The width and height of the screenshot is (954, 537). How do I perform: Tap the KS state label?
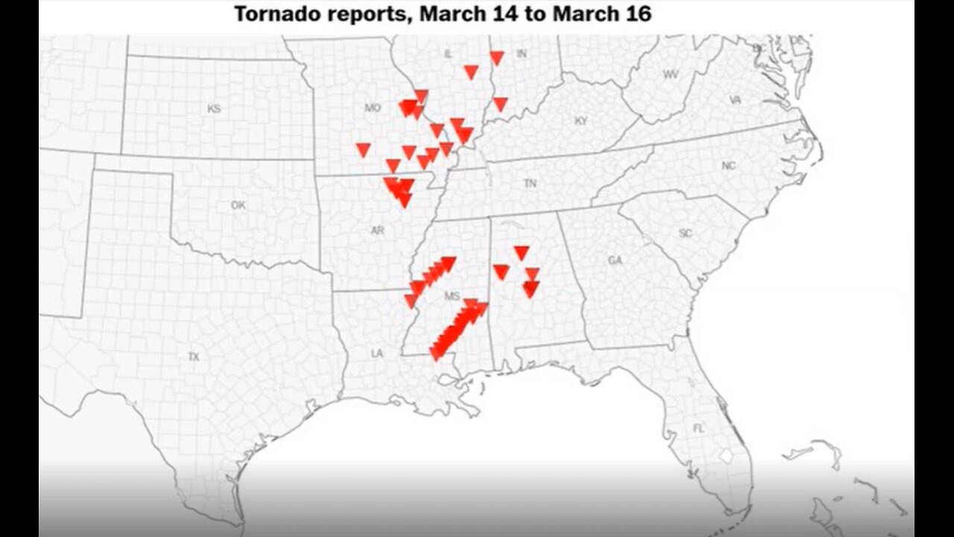tap(215, 109)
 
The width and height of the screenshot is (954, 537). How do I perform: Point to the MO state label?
tap(373, 108)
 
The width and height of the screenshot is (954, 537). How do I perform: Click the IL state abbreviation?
tap(448, 54)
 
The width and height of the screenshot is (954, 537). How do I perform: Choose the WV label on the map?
tap(671, 75)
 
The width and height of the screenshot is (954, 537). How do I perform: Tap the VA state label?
tap(735, 100)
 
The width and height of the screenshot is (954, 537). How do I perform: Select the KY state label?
tap(581, 121)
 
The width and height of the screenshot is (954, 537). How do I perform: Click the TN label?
tap(530, 183)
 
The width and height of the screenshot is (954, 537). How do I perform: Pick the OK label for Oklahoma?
tap(238, 205)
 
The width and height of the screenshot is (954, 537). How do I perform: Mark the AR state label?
tap(377, 230)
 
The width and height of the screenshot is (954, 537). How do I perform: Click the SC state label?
tap(686, 233)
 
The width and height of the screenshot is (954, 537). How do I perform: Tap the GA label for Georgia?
tap(615, 260)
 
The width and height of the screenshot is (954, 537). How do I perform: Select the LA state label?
tap(377, 354)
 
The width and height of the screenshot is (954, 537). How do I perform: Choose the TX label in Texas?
tap(194, 357)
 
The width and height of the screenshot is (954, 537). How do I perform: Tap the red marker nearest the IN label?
tap(496, 57)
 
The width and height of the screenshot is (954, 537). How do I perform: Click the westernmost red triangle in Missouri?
tap(363, 150)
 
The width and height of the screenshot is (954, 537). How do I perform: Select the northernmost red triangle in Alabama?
tap(522, 253)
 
